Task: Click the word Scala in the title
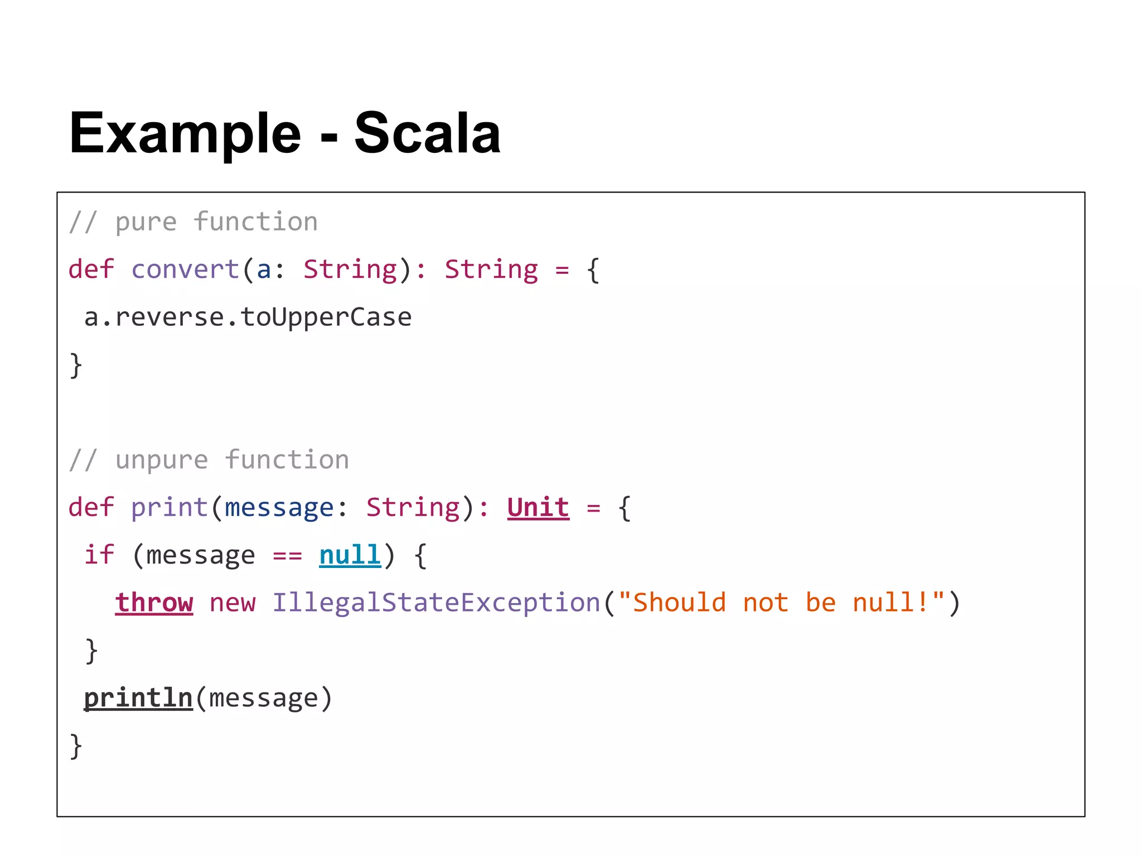(x=427, y=133)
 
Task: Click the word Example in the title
(x=185, y=133)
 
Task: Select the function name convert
(x=185, y=269)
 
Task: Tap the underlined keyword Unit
(x=538, y=508)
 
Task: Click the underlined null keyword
(x=350, y=555)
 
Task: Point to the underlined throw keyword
(x=154, y=603)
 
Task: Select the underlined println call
(x=138, y=698)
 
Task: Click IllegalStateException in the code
(x=435, y=603)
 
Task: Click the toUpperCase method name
(x=326, y=317)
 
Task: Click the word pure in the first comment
(x=146, y=222)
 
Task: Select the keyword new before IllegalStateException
(x=233, y=603)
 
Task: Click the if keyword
(x=99, y=555)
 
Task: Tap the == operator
(x=287, y=556)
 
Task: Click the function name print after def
(x=170, y=508)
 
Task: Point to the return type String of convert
(x=491, y=269)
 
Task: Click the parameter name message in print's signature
(x=279, y=508)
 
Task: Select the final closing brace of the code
(x=76, y=746)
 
